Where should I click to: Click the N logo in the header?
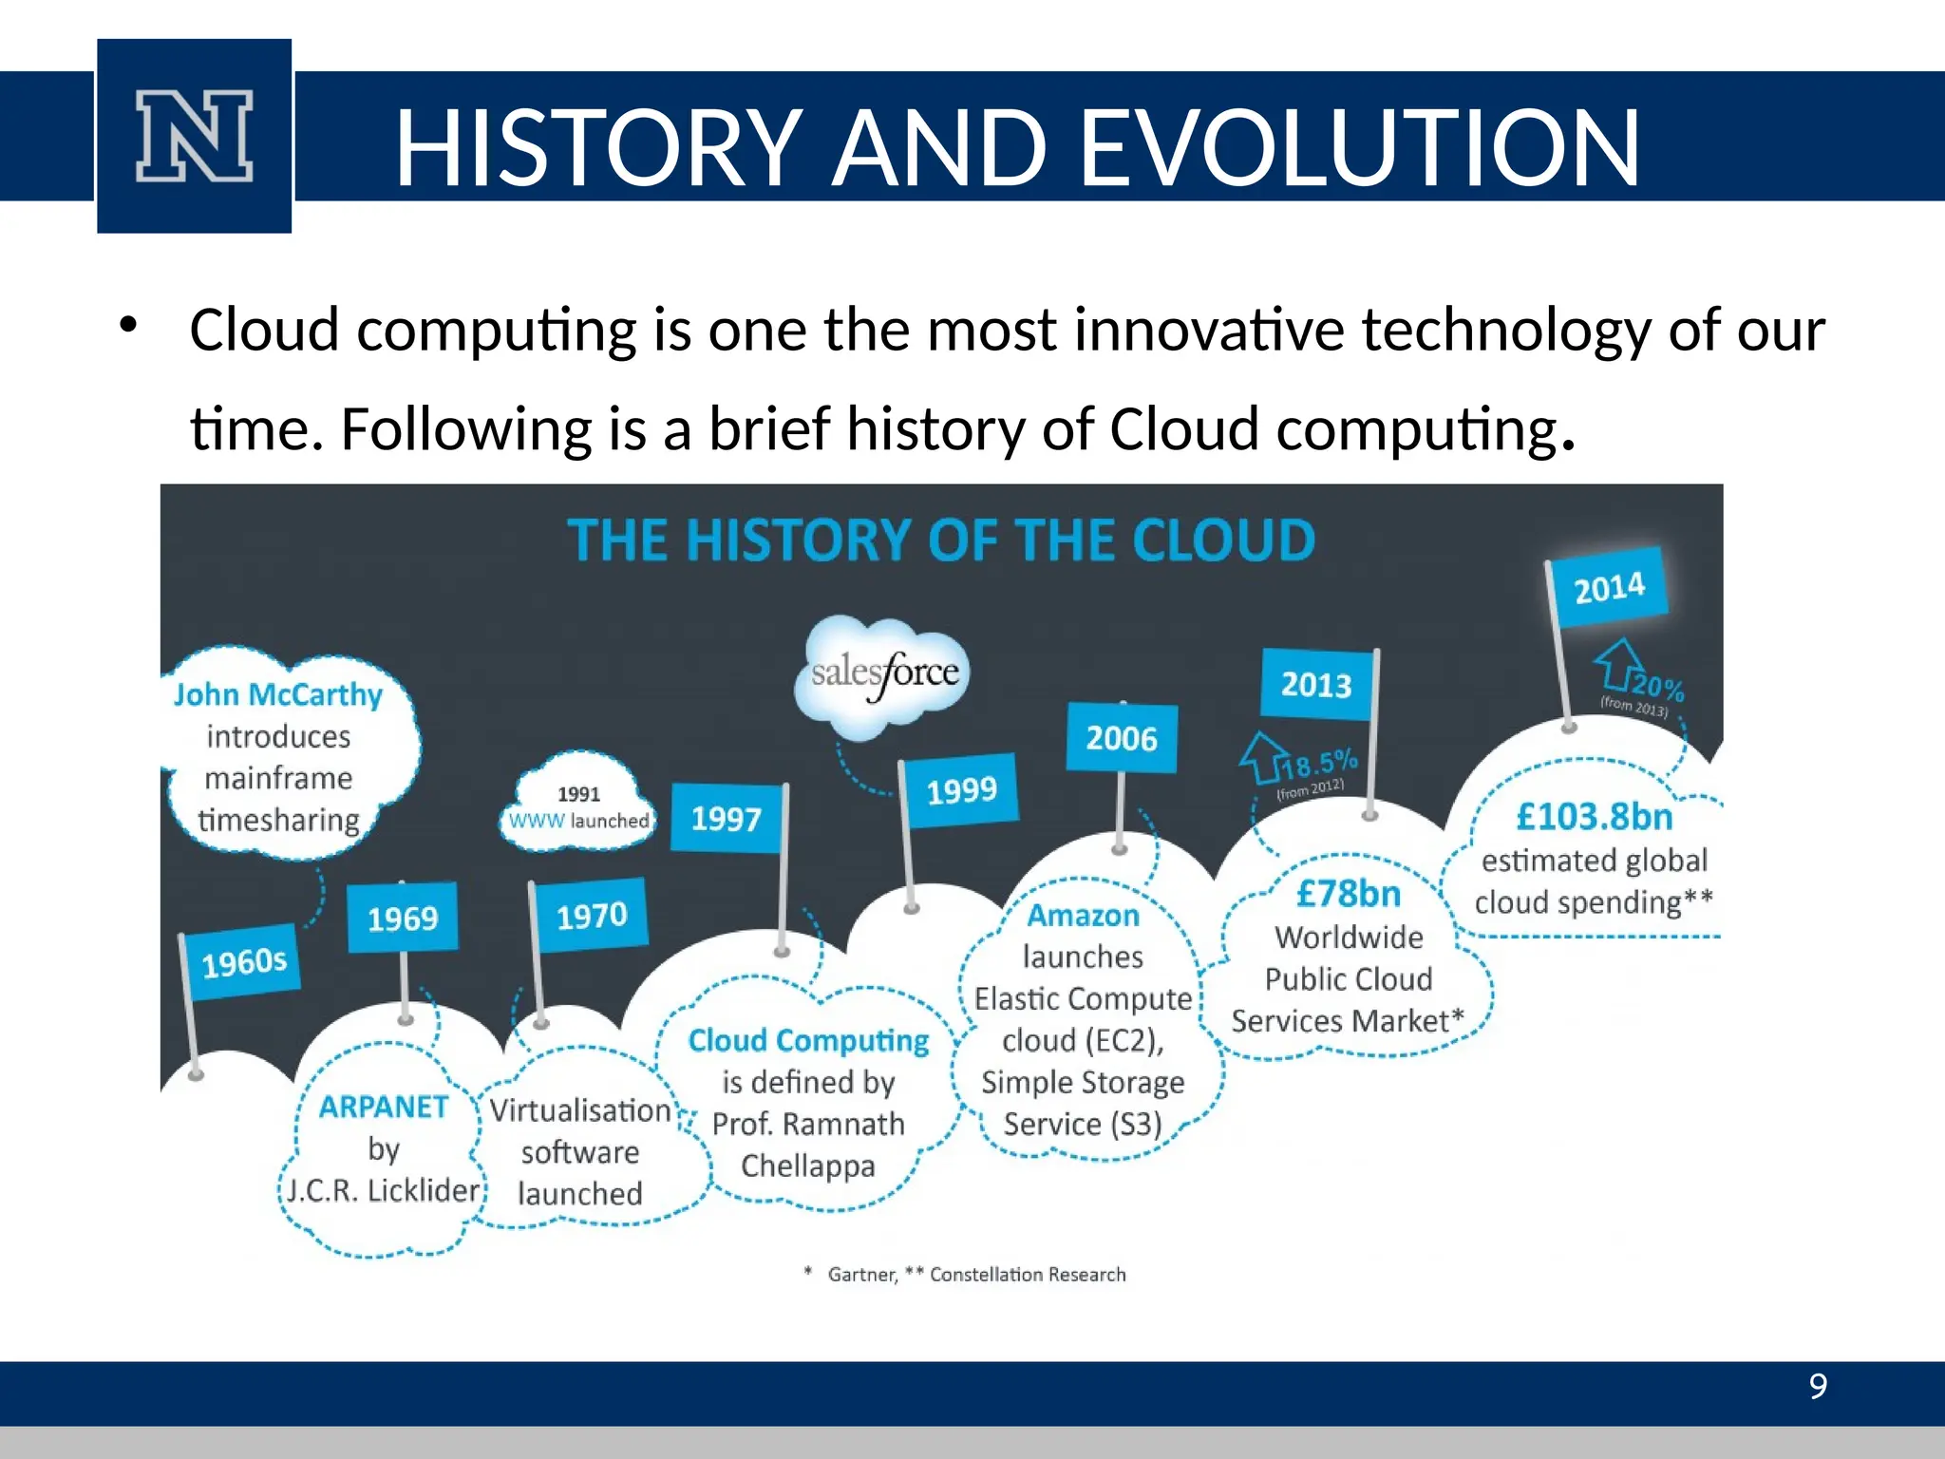[194, 136]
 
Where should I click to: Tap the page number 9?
[1818, 1386]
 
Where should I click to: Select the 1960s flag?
[243, 962]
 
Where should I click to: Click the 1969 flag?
[403, 918]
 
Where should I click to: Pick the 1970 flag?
[591, 915]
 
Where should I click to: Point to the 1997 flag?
[727, 818]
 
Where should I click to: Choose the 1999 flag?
[961, 789]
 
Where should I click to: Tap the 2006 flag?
[1122, 738]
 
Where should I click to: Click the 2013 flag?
[1316, 684]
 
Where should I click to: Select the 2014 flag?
[1609, 588]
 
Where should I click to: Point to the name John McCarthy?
[278, 694]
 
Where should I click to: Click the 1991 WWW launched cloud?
[578, 807]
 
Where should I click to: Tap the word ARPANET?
[384, 1107]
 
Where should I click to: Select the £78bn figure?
[1349, 893]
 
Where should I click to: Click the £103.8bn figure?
[1595, 816]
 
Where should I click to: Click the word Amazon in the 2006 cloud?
[1083, 915]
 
